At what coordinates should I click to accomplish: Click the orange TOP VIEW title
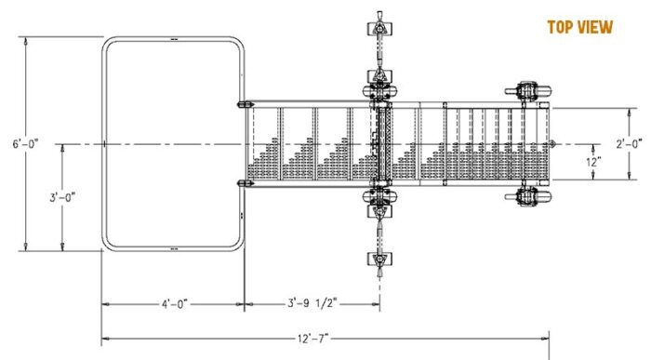(x=579, y=27)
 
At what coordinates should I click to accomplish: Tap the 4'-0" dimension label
(x=173, y=303)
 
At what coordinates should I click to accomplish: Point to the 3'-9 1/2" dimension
(x=311, y=303)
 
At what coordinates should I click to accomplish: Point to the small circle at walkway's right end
(x=553, y=143)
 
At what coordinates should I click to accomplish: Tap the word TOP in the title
(x=558, y=27)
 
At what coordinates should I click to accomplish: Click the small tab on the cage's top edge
(x=174, y=39)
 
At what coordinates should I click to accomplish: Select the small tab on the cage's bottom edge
(x=174, y=248)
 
